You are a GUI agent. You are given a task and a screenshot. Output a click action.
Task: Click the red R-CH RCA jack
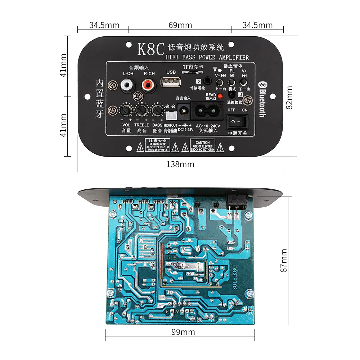coord(147,86)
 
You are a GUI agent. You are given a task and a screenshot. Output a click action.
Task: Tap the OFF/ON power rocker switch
coord(238,122)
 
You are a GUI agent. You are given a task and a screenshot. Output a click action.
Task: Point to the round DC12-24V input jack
coord(183,109)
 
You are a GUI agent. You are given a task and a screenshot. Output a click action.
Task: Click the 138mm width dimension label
coord(180,164)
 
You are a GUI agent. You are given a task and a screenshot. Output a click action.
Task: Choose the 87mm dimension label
coord(284,260)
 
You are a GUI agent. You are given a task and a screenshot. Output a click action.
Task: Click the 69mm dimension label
coord(180,25)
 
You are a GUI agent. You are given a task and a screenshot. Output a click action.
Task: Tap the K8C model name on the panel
coord(151,49)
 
